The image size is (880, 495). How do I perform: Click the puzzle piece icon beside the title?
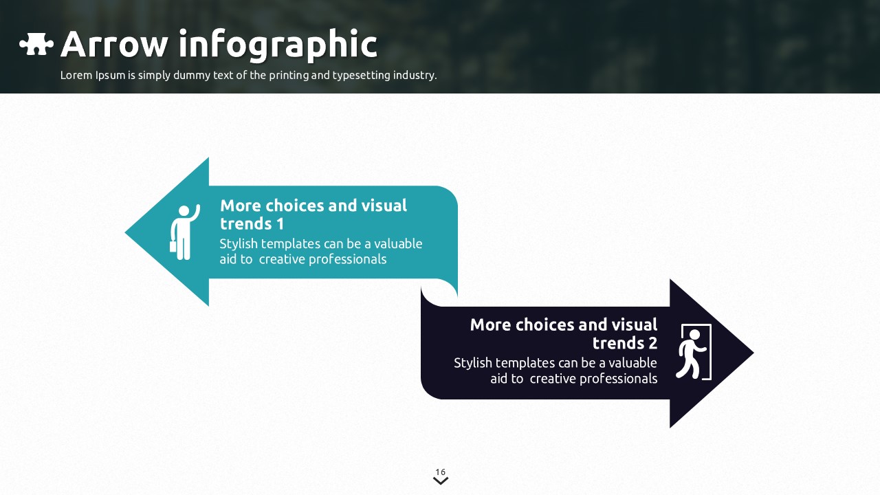tap(36, 45)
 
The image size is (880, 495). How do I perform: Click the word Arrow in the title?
tap(113, 45)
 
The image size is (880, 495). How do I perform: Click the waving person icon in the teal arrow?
tap(184, 232)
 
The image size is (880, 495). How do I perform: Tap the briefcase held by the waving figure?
tap(173, 245)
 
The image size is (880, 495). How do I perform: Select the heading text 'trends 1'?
tap(252, 224)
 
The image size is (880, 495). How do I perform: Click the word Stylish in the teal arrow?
tap(239, 244)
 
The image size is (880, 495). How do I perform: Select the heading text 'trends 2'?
tap(624, 343)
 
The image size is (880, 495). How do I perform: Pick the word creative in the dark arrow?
tap(554, 379)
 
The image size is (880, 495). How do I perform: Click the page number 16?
tap(440, 472)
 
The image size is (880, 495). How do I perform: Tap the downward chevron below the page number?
tap(441, 481)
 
